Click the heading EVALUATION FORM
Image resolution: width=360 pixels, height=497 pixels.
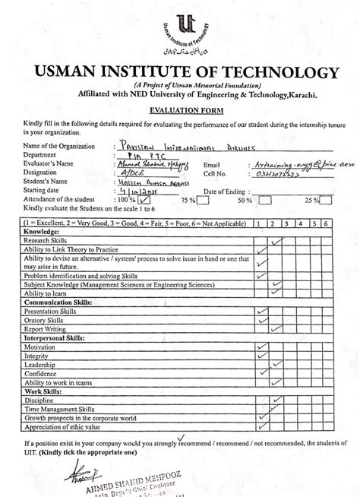click(x=180, y=109)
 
